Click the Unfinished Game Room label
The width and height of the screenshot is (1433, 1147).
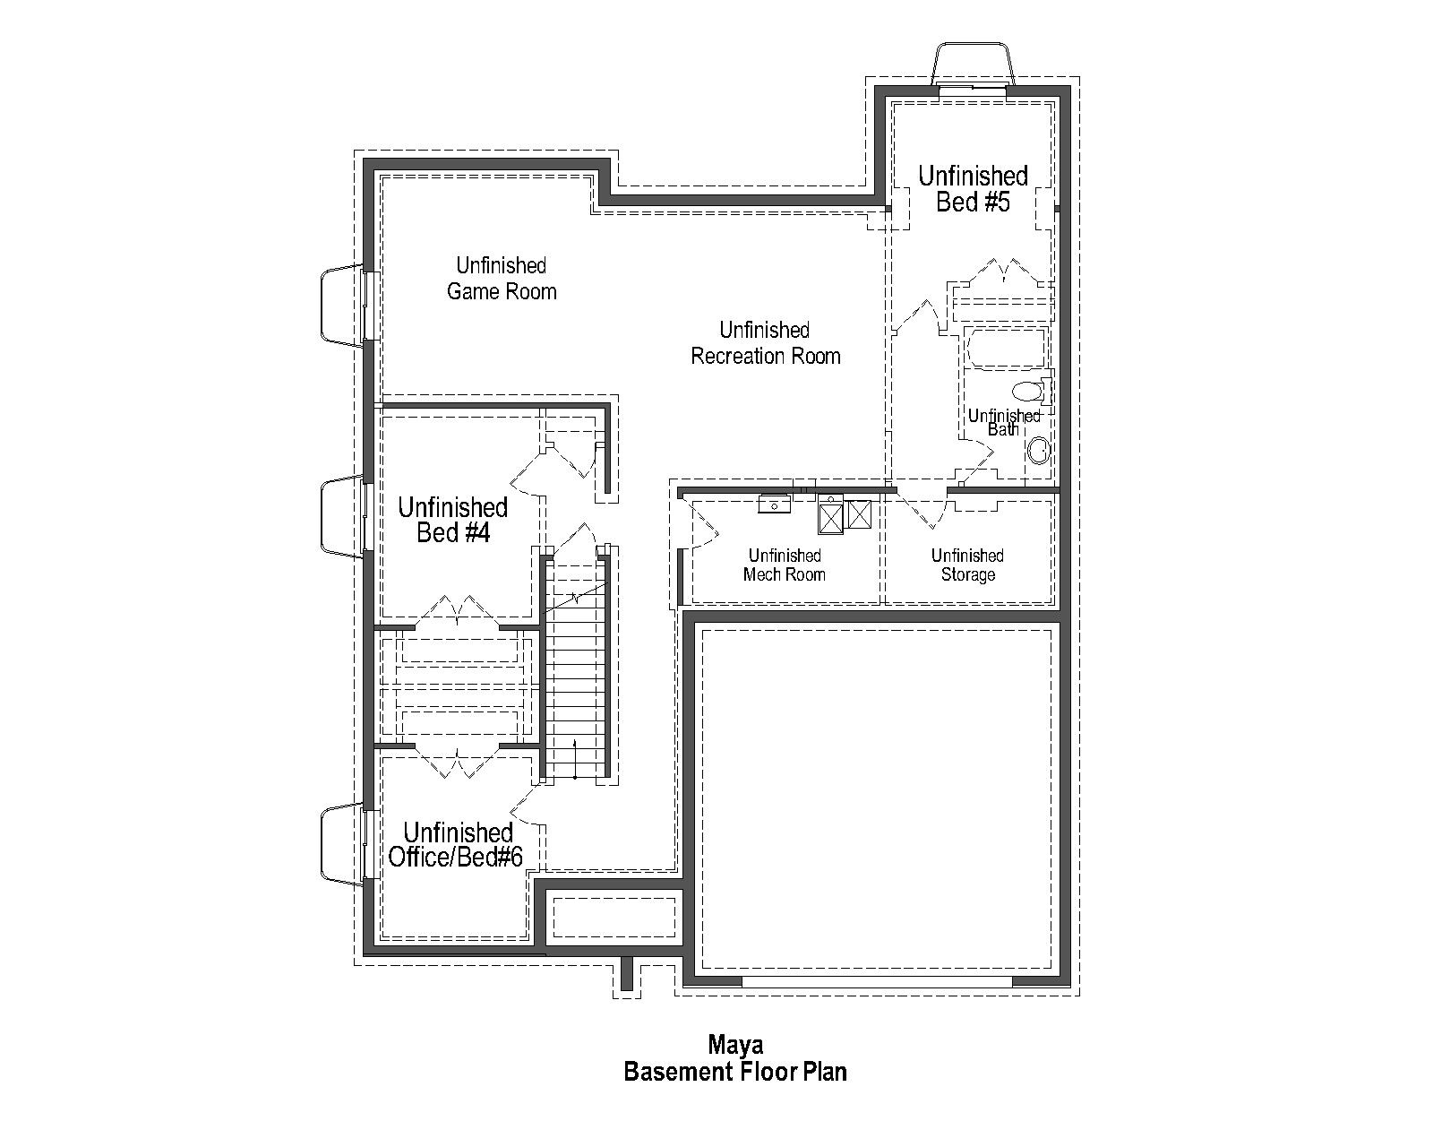(x=502, y=279)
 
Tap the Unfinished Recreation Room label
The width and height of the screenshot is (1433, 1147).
(x=766, y=343)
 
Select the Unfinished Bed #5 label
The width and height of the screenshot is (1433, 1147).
(x=973, y=189)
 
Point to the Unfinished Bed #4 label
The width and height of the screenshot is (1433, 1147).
(x=453, y=521)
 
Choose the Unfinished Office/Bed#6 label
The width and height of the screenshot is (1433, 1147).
(x=456, y=845)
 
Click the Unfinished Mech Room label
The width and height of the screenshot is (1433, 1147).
(x=785, y=565)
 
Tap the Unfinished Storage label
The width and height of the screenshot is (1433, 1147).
(x=967, y=565)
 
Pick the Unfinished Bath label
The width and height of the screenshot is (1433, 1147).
(x=1004, y=422)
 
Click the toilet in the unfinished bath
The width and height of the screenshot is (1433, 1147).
(x=1028, y=392)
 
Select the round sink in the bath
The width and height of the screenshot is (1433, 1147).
(x=1038, y=450)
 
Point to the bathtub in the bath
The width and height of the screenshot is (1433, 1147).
(x=1005, y=349)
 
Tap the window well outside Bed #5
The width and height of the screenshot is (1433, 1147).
(x=973, y=65)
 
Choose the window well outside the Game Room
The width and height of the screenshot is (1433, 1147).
(x=340, y=305)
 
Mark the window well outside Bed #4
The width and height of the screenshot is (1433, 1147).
(x=340, y=516)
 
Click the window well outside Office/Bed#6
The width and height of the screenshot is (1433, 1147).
(x=340, y=844)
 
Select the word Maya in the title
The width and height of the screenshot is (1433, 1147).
(x=735, y=1044)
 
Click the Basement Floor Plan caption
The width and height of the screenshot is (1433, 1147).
(x=735, y=1072)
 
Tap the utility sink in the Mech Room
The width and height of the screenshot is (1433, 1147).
(x=774, y=504)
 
